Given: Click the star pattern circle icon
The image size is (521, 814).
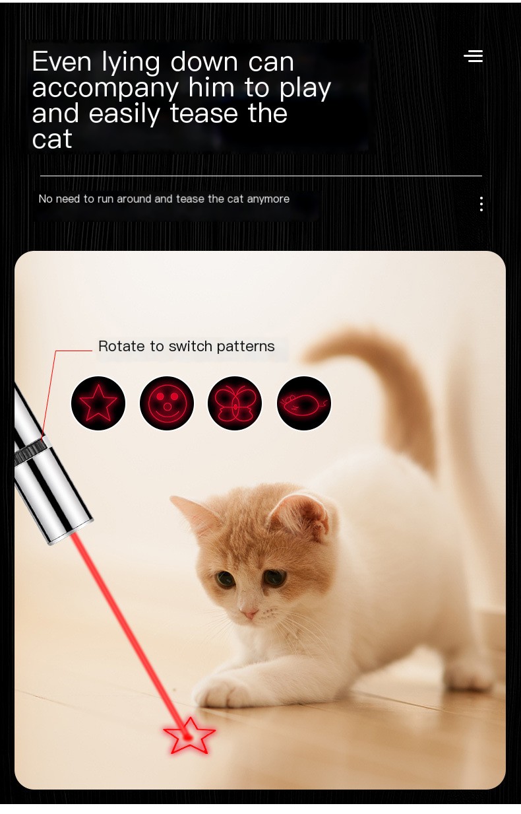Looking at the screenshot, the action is tap(98, 403).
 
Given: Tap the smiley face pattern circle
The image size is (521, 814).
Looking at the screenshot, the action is tap(167, 403).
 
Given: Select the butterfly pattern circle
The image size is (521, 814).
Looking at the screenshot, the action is tap(235, 403).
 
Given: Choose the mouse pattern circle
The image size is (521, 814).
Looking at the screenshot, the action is tap(304, 403).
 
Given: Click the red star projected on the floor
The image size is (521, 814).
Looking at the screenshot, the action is tap(189, 737).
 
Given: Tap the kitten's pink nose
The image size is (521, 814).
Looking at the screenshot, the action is tap(249, 614).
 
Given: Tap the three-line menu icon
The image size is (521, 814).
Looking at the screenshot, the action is tap(474, 56).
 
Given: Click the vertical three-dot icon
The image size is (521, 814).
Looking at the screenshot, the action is tap(481, 204).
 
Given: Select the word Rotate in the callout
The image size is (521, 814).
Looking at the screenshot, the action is tap(121, 347).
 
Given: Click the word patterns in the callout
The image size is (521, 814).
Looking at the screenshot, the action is tap(245, 347).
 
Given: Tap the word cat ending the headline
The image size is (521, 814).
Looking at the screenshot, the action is tap(52, 139).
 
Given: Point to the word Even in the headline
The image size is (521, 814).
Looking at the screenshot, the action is tap(62, 61).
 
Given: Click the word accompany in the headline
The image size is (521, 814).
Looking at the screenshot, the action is tap(106, 89).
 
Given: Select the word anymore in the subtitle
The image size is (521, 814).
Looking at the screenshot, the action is tap(268, 199).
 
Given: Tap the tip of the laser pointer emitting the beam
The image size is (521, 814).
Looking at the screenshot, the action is tap(71, 533).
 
